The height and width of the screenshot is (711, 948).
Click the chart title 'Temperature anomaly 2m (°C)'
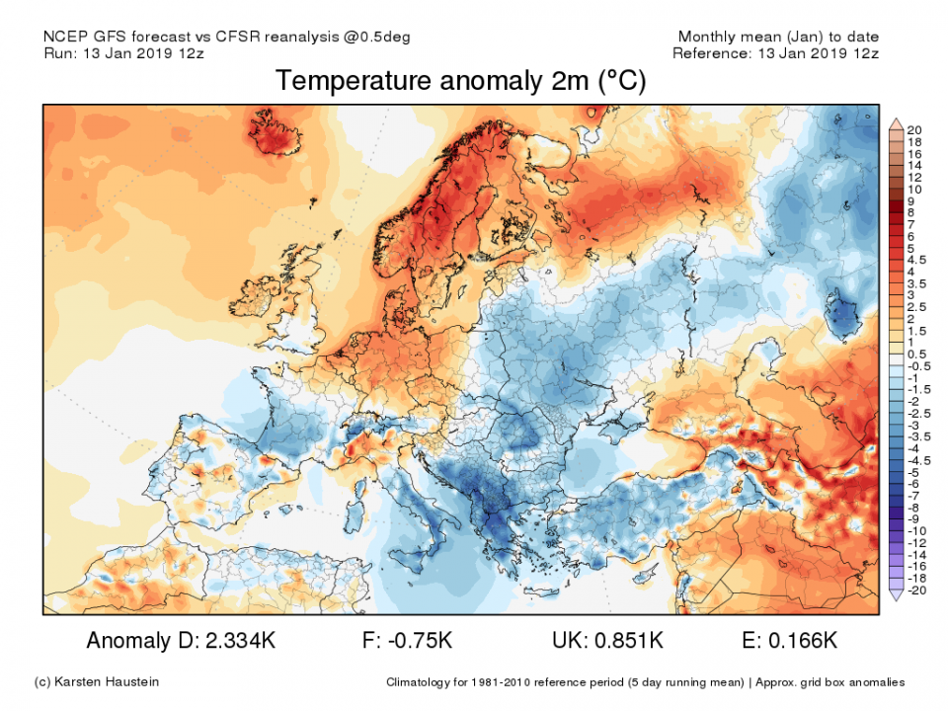(460, 81)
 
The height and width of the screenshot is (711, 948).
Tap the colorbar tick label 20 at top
(914, 130)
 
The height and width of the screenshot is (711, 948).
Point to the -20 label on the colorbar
(915, 591)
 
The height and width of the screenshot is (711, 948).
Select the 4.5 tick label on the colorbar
(917, 260)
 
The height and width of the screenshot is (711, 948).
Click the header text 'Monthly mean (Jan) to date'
(777, 37)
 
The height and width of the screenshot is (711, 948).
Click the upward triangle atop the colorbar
(897, 123)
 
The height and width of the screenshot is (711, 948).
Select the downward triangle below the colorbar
(897, 596)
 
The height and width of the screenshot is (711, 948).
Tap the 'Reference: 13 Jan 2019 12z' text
(775, 53)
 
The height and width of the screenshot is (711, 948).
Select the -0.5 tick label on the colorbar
(917, 365)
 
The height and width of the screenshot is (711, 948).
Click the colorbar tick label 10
(914, 189)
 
